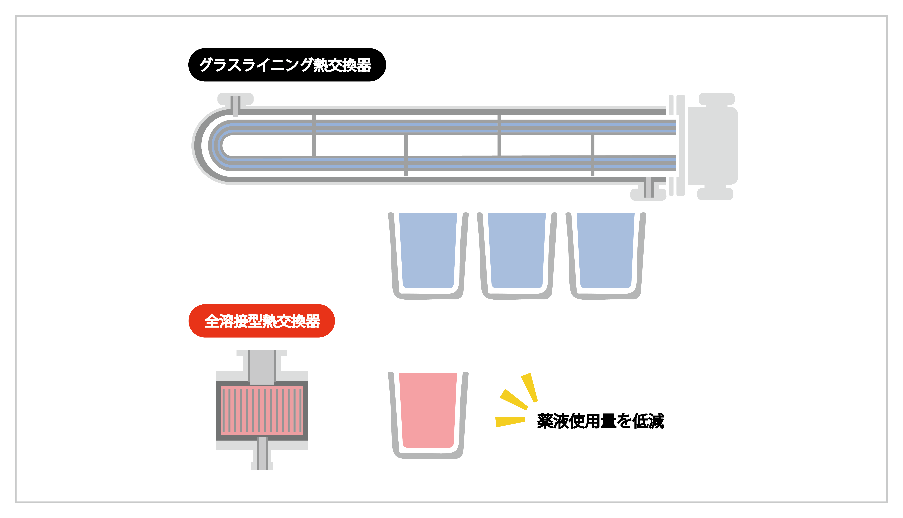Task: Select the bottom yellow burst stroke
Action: (510, 422)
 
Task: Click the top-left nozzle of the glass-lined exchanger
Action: (235, 104)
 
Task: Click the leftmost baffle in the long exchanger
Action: (314, 135)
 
